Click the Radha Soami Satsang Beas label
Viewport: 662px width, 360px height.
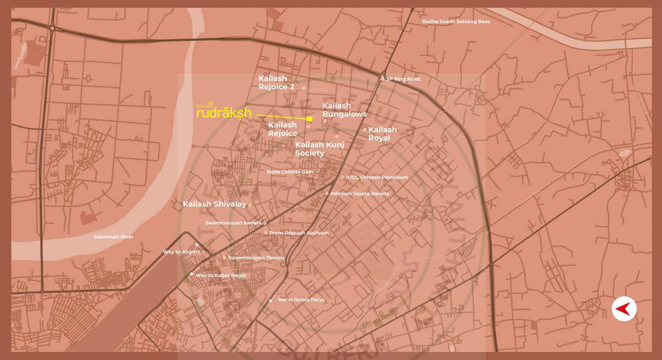point(456,22)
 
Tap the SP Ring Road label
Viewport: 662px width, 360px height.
point(402,79)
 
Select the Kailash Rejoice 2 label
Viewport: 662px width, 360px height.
point(276,83)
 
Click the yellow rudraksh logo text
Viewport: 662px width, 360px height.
point(224,113)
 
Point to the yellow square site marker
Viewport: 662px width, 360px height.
point(310,119)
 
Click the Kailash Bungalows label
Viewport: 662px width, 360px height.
point(344,110)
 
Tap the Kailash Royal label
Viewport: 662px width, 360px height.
point(382,134)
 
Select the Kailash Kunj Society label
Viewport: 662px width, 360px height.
point(319,149)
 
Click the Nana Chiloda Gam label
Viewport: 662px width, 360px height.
point(290,172)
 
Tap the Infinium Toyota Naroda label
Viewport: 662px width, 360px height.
point(359,194)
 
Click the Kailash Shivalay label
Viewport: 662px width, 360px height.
point(214,204)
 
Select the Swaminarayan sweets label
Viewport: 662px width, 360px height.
point(233,223)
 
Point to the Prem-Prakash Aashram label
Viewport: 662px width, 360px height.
point(299,233)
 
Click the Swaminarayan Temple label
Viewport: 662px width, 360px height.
point(256,257)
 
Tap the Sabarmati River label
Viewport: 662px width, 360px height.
point(113,237)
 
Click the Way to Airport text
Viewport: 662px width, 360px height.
point(181,252)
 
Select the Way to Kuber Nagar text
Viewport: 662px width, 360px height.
point(221,275)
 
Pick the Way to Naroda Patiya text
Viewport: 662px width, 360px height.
point(301,300)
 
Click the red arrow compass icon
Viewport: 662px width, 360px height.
point(624,309)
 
